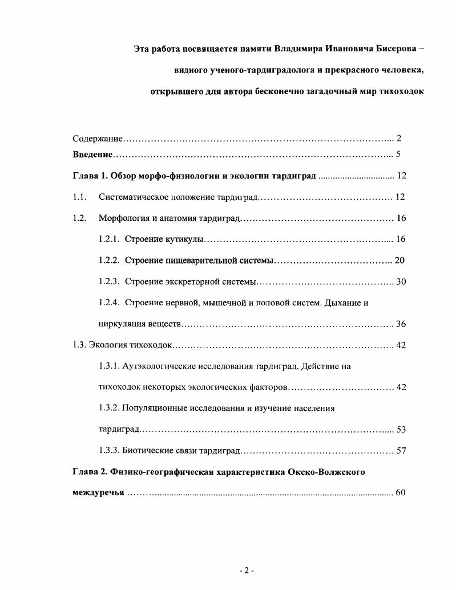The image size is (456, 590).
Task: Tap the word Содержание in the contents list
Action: pos(98,139)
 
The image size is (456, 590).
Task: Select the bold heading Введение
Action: pos(92,155)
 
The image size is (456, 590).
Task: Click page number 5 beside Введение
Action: pos(398,155)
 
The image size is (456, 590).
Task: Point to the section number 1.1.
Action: pos(79,197)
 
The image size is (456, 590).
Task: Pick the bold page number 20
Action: pos(399,260)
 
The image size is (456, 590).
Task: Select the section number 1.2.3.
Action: pos(108,281)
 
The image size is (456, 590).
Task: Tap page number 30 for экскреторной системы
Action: pos(401,281)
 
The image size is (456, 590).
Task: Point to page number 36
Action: pos(401,324)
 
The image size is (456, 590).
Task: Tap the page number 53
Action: pos(401,430)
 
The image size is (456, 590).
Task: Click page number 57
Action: pos(401,451)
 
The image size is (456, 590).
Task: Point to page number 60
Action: pos(400,492)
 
